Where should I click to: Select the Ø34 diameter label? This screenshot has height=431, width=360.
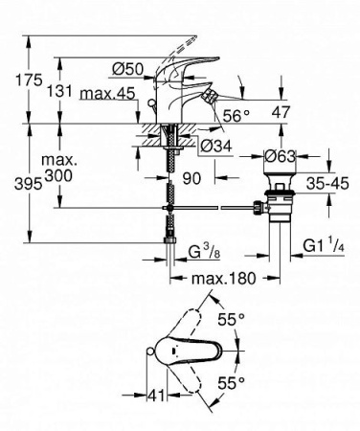pos(217,146)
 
